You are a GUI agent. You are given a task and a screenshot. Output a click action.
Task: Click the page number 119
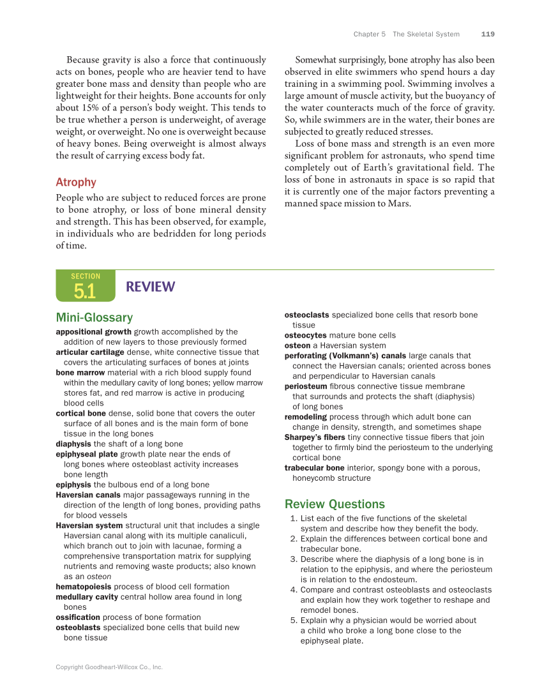click(x=488, y=34)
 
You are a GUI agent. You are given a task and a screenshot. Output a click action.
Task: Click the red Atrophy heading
click(x=76, y=182)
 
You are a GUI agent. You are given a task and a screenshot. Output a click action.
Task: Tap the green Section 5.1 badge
click(x=85, y=286)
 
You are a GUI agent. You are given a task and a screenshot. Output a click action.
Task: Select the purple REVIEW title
click(x=150, y=287)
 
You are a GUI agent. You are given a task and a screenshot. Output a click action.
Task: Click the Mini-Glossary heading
click(x=94, y=317)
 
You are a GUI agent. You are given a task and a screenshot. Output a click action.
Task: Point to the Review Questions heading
click(x=335, y=504)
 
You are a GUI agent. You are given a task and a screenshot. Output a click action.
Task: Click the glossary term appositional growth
click(x=93, y=331)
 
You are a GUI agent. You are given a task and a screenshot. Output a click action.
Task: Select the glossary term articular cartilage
click(x=90, y=352)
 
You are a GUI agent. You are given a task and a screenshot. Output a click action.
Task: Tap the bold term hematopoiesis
click(x=83, y=586)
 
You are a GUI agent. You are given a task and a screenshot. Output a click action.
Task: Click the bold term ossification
click(x=78, y=617)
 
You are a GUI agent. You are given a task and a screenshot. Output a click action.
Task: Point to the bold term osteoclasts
click(x=306, y=315)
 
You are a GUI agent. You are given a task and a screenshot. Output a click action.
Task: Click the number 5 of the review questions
click(x=293, y=620)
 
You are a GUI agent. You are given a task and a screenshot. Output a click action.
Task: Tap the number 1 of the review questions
click(x=293, y=518)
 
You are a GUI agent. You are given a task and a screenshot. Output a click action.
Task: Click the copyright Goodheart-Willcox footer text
click(x=109, y=667)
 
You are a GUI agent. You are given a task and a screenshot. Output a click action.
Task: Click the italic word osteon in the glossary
click(x=99, y=576)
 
